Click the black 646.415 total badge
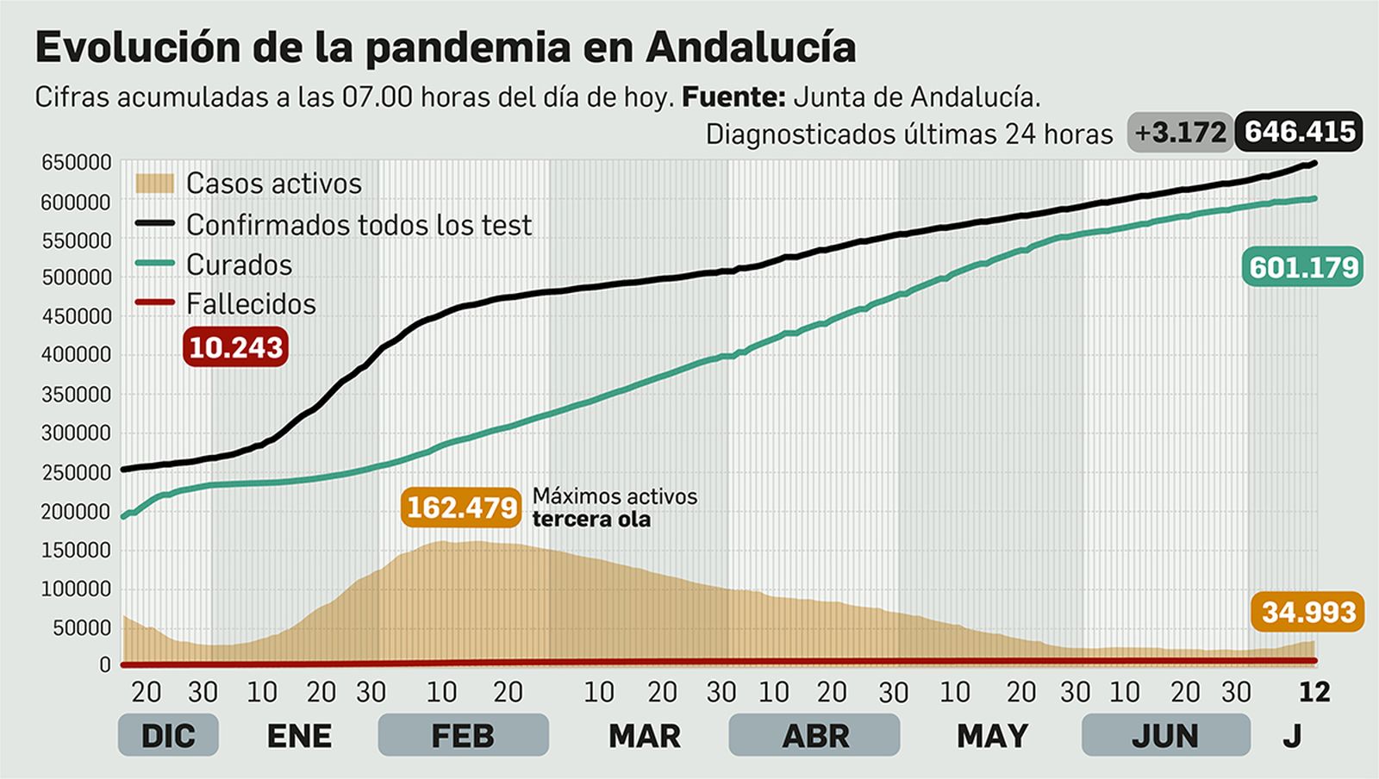(1300, 132)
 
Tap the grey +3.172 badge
(1180, 133)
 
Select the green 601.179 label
(1304, 267)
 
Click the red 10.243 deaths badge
(235, 347)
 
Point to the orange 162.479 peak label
(462, 508)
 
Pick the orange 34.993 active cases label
(1308, 612)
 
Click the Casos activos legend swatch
(155, 184)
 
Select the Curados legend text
(239, 265)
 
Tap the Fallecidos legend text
(251, 304)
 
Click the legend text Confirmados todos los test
(359, 225)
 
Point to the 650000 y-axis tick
(77, 163)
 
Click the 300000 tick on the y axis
(77, 433)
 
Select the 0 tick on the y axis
(105, 665)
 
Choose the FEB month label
(463, 736)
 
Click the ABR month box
(814, 736)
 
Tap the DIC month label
(168, 736)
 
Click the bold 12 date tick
(1314, 692)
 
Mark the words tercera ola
(591, 520)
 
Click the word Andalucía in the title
(750, 47)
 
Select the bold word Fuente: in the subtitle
(733, 97)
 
